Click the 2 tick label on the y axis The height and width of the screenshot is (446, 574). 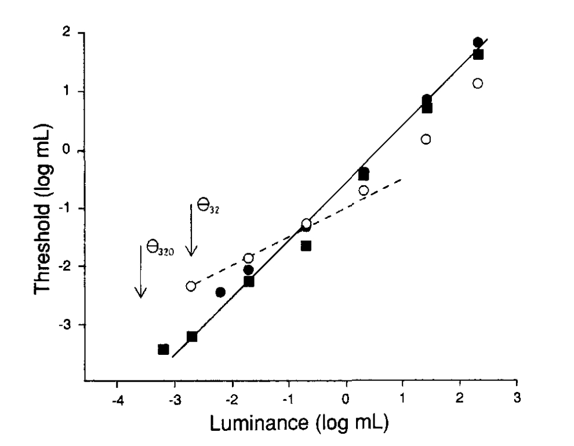pyautogui.click(x=74, y=33)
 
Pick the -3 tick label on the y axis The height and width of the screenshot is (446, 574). pyautogui.click(x=71, y=324)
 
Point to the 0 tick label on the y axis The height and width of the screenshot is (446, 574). pyautogui.click(x=74, y=150)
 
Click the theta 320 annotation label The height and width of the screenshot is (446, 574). pyautogui.click(x=158, y=246)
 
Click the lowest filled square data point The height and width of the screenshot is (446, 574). pyautogui.click(x=164, y=349)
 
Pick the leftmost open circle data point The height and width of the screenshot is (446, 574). pyautogui.click(x=191, y=286)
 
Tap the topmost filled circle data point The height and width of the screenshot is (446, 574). pyautogui.click(x=478, y=42)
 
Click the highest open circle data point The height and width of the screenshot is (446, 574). pyautogui.click(x=478, y=83)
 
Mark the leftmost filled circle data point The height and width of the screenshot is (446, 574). pyautogui.click(x=220, y=292)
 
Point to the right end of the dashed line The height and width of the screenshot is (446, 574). pyautogui.click(x=402, y=179)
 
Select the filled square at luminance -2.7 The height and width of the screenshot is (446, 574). pyautogui.click(x=192, y=336)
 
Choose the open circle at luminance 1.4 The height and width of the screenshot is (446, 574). pyautogui.click(x=426, y=139)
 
